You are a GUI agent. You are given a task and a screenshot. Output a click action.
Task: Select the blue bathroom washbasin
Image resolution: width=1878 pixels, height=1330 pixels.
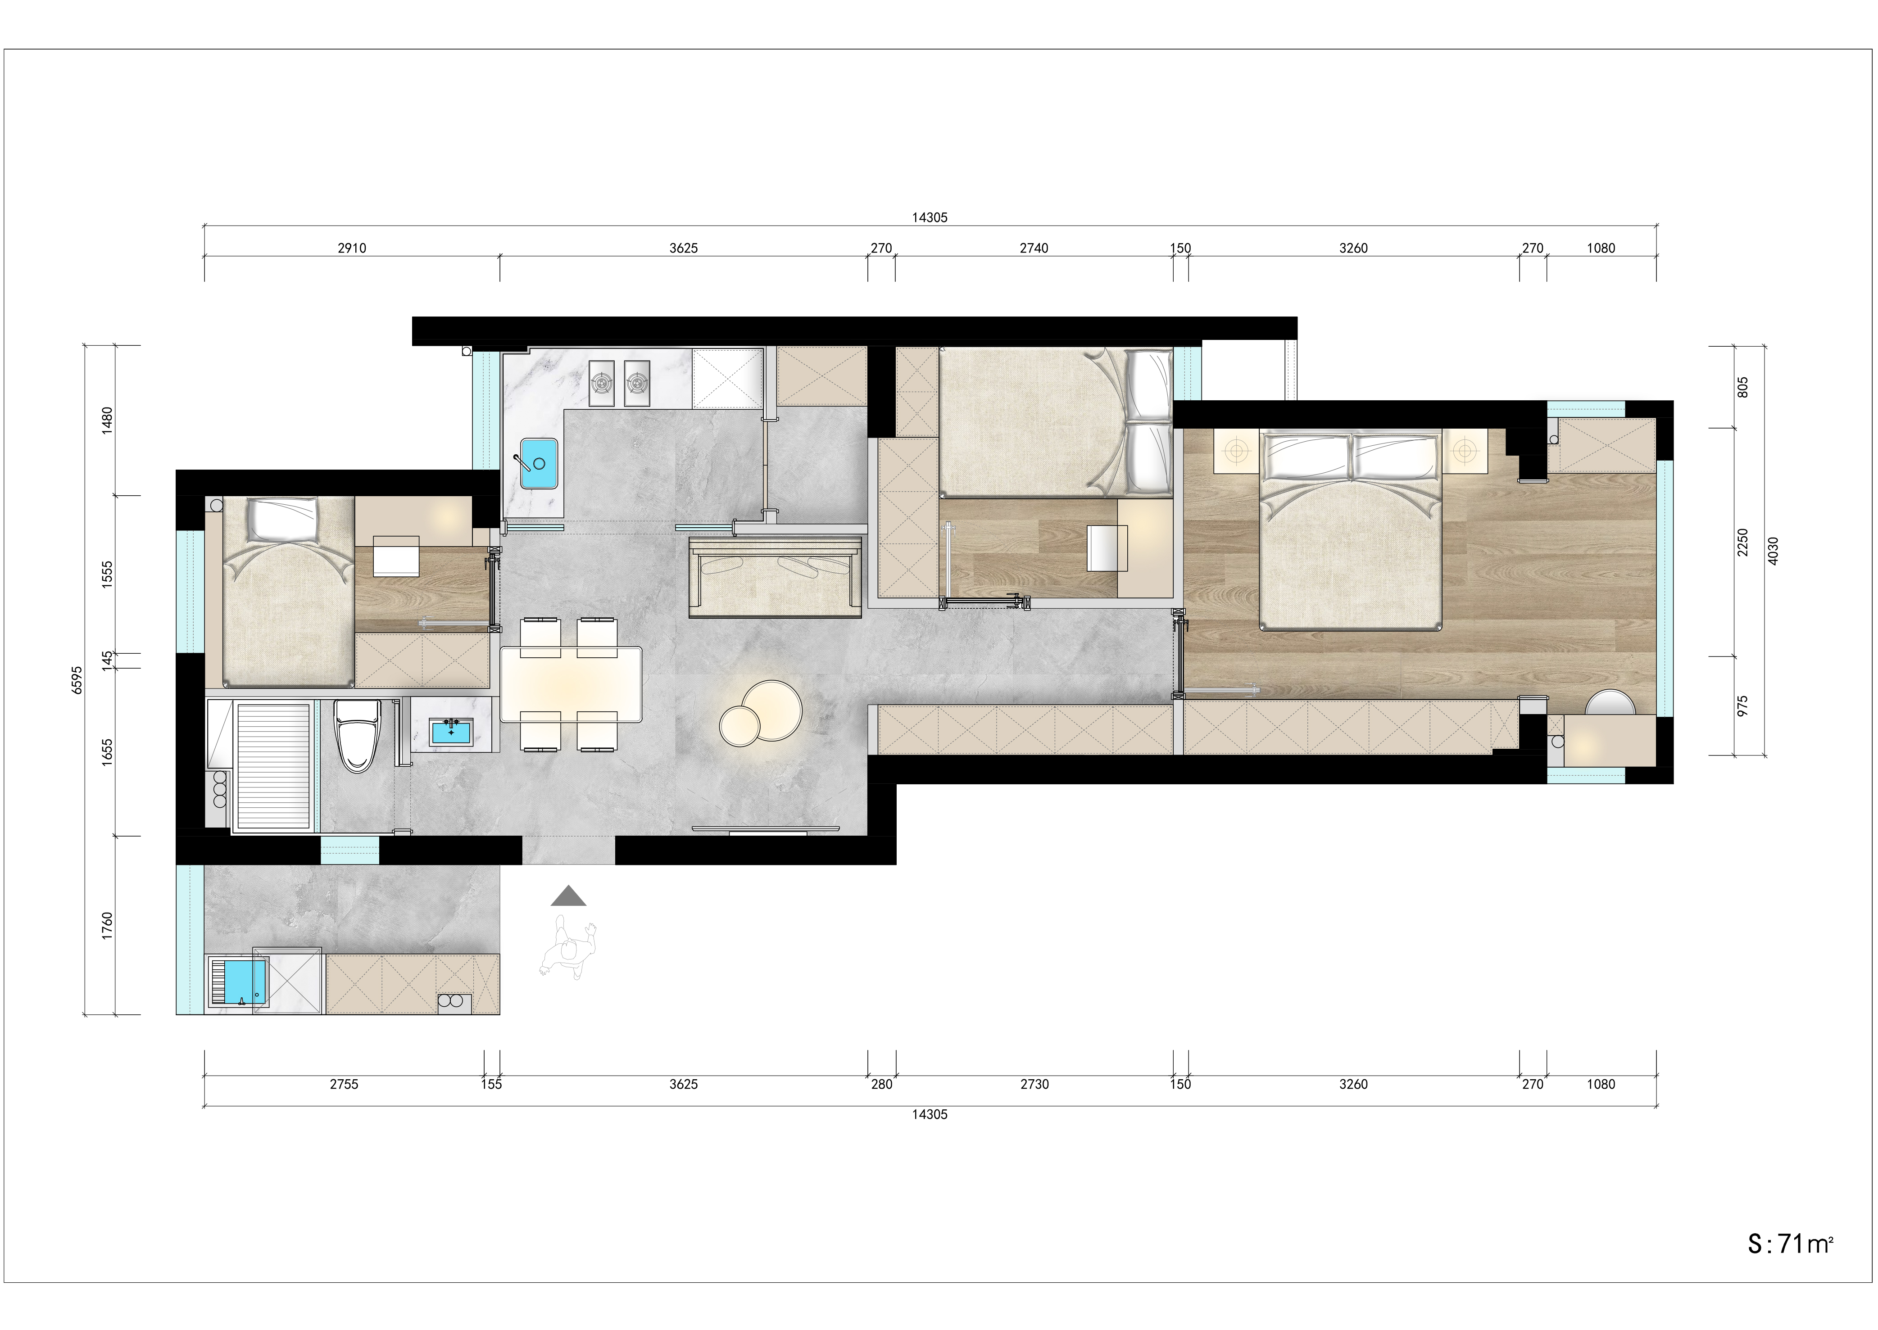click(x=451, y=731)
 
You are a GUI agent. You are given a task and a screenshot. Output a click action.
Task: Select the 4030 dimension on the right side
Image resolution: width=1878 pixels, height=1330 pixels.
click(x=1772, y=550)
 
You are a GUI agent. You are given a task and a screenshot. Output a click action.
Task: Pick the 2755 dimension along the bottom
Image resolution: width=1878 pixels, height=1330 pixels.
click(x=344, y=1084)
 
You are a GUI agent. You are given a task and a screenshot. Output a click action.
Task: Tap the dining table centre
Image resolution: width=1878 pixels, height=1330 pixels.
click(x=571, y=685)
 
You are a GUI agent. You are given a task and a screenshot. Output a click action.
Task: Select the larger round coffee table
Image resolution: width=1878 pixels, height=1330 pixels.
click(x=771, y=710)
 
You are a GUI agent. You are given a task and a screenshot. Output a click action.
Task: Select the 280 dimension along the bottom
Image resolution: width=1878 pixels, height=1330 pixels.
click(x=881, y=1084)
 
